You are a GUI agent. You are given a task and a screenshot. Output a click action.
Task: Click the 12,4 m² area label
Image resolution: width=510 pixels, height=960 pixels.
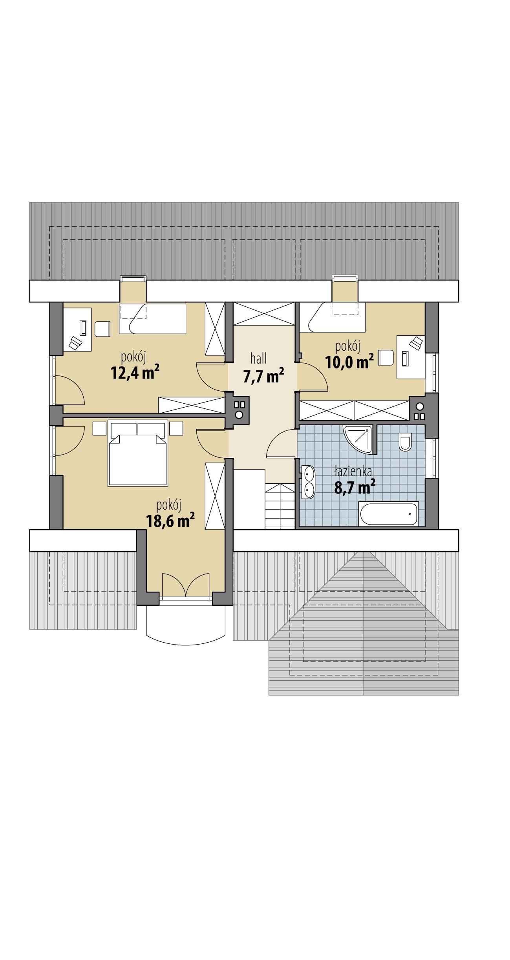pyautogui.click(x=135, y=373)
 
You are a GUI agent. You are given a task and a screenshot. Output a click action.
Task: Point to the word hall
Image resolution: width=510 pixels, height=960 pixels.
pyautogui.click(x=259, y=358)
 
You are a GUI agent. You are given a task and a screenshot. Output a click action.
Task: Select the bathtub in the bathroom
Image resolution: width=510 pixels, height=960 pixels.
pyautogui.click(x=388, y=514)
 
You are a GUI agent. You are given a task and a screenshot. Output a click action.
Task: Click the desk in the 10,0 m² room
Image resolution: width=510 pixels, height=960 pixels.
pyautogui.click(x=411, y=357)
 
